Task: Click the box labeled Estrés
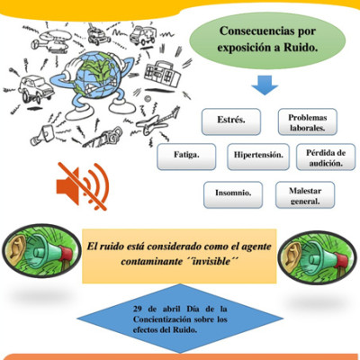click(231, 121)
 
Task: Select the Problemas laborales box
click(308, 121)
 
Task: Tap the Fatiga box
click(186, 157)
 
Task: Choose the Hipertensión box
click(258, 157)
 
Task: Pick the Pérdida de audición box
click(326, 157)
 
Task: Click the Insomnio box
click(233, 194)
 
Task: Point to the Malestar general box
click(305, 194)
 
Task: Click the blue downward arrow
click(265, 85)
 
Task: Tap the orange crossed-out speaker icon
click(83, 186)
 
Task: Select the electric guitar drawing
click(158, 121)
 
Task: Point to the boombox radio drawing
click(163, 73)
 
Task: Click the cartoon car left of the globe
click(35, 88)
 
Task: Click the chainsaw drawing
click(103, 138)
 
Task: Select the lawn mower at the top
click(98, 33)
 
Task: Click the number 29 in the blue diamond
click(138, 309)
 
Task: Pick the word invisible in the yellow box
click(211, 261)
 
